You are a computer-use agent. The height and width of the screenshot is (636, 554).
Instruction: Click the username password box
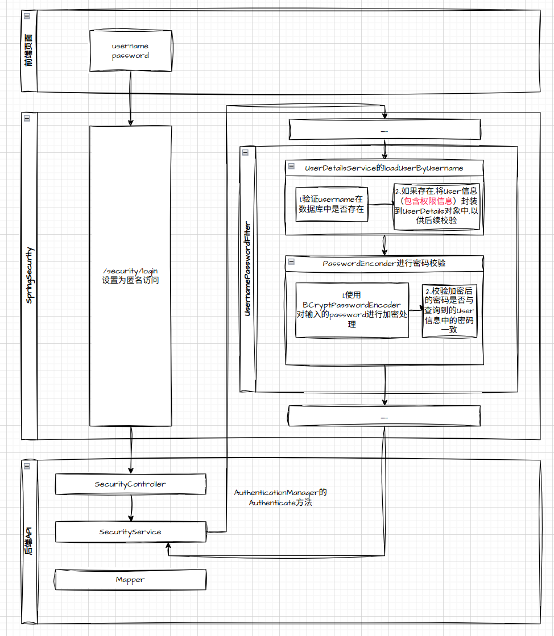[x=130, y=51]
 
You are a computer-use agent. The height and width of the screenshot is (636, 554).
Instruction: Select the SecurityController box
[x=130, y=484]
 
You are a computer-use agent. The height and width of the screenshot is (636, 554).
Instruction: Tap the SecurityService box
[x=130, y=532]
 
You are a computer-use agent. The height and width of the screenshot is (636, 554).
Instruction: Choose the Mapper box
[x=130, y=580]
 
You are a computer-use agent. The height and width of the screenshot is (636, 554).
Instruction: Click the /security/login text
[x=130, y=270]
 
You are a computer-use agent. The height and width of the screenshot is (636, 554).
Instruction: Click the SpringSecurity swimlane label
[x=29, y=275]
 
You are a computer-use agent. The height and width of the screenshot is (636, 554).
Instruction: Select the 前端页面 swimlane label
[x=29, y=57]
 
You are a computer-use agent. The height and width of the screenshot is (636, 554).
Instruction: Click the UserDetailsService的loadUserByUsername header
[x=384, y=168]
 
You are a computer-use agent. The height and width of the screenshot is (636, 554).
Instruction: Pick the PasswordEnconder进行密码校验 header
[x=384, y=264]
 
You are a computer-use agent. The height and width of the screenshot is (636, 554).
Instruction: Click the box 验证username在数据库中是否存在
[x=331, y=204]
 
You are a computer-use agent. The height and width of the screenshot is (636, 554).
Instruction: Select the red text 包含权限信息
[x=428, y=201]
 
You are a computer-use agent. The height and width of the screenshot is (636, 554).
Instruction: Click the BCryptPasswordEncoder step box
[x=352, y=310]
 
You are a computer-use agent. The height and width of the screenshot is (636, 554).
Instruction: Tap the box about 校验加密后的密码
[x=449, y=310]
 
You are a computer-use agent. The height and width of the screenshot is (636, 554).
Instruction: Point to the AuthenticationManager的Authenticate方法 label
[x=280, y=497]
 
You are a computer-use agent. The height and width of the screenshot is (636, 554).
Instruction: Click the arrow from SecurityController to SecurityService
[x=131, y=508]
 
